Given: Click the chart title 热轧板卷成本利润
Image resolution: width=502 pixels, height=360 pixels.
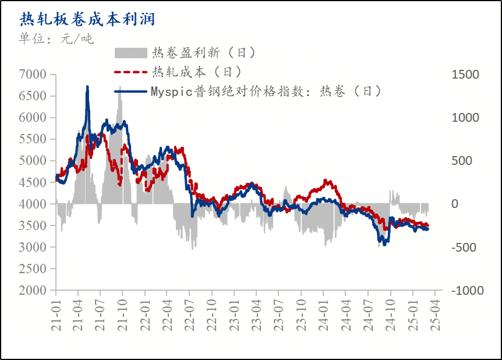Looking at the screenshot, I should (87, 19).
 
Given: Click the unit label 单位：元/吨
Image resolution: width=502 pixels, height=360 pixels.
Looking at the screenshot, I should (56, 39).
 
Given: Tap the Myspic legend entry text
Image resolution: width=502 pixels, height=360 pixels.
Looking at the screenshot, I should (266, 91).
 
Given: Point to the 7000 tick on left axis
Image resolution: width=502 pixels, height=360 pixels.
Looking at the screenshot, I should (33, 75).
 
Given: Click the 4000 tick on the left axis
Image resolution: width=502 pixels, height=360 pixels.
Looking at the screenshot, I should (33, 204).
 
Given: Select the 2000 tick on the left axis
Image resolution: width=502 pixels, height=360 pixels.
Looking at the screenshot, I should (33, 291).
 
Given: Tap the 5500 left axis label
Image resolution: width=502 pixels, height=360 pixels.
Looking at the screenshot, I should (33, 139).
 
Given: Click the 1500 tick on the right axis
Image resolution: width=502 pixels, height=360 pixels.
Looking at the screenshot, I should (465, 75).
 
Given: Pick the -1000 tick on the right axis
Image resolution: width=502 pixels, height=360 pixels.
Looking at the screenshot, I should (465, 291).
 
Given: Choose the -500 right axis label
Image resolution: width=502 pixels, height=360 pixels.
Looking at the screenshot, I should (465, 248).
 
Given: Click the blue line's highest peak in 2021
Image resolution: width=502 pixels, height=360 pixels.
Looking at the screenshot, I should (87, 87).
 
